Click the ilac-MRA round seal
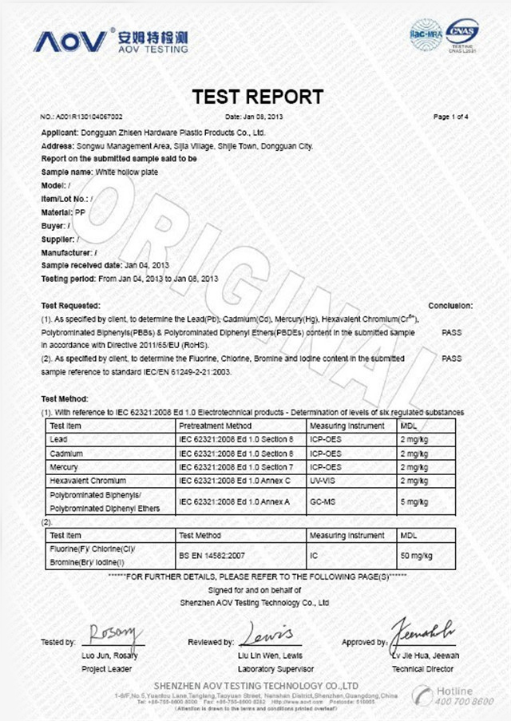426,35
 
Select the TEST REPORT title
258,97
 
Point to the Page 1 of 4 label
450,117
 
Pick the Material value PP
80,212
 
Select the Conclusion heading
450,306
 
